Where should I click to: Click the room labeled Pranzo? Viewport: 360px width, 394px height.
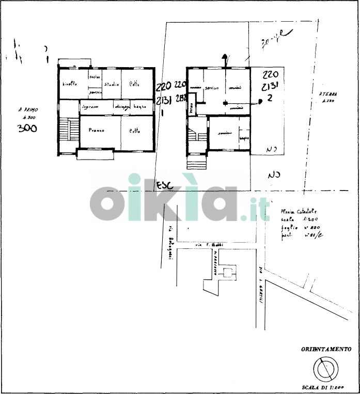click(x=96, y=130)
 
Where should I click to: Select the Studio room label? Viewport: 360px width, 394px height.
click(x=112, y=84)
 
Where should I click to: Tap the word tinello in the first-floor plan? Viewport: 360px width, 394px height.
click(x=70, y=84)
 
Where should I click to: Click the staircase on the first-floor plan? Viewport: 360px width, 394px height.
click(x=64, y=132)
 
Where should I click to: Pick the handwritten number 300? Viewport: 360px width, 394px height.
click(x=27, y=129)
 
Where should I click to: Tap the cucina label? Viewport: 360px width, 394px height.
click(x=94, y=77)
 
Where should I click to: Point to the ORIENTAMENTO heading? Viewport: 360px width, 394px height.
click(x=326, y=350)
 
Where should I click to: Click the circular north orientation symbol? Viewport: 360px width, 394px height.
click(x=326, y=370)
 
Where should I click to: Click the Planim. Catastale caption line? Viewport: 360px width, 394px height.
click(x=298, y=211)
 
